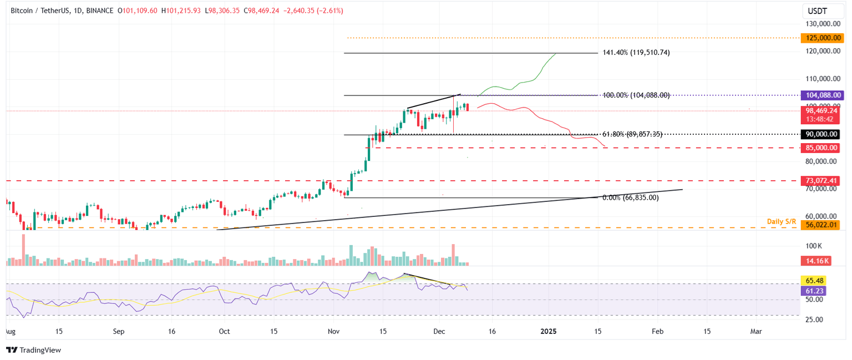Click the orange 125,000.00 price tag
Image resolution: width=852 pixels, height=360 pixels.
pyautogui.click(x=820, y=38)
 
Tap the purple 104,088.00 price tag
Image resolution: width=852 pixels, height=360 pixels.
pyautogui.click(x=820, y=95)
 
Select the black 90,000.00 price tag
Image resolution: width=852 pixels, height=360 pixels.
pyautogui.click(x=820, y=134)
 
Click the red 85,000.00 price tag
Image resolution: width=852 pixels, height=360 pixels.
pyautogui.click(x=820, y=148)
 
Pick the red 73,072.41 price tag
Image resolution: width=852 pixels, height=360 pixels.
pyautogui.click(x=820, y=181)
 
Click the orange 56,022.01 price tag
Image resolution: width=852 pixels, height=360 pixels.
pyautogui.click(x=820, y=225)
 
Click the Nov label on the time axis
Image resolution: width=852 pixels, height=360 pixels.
pyautogui.click(x=333, y=331)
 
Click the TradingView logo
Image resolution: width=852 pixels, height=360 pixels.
pyautogui.click(x=33, y=350)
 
